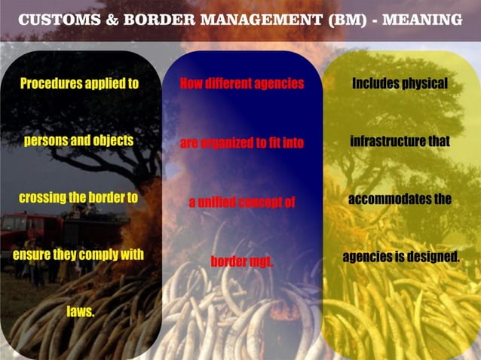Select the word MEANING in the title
423,20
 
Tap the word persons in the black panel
47,141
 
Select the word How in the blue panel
191,84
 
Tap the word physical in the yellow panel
424,84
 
